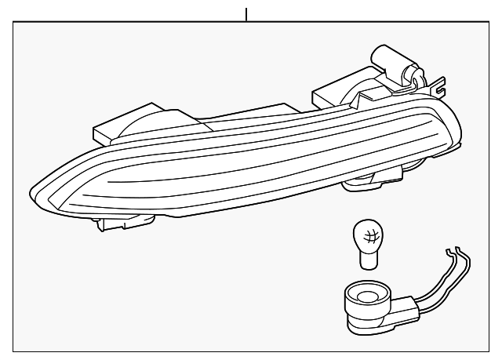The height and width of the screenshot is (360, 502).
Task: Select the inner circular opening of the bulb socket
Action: click(366, 296)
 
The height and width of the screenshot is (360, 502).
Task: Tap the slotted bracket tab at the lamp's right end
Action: click(438, 84)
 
